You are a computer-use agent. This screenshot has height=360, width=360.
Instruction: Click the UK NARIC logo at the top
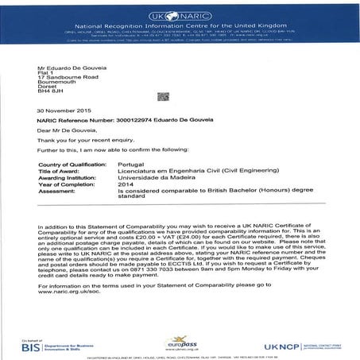tap(180, 7)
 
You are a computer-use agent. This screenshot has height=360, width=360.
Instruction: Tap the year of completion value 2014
tap(125, 184)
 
